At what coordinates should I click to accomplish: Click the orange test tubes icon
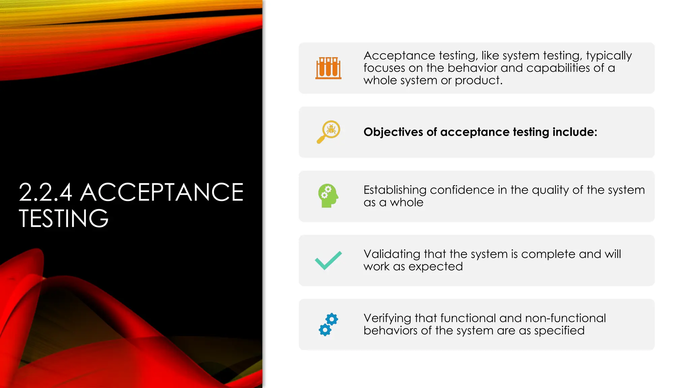point(328,68)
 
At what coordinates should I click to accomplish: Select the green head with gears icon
point(328,196)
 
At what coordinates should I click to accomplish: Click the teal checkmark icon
point(328,260)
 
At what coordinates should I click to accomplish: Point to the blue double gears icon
point(328,324)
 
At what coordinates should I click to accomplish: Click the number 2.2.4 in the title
point(45,192)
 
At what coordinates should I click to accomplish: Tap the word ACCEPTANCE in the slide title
point(162,192)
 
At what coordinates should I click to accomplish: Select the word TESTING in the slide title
point(64,218)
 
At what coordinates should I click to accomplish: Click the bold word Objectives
point(393,132)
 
